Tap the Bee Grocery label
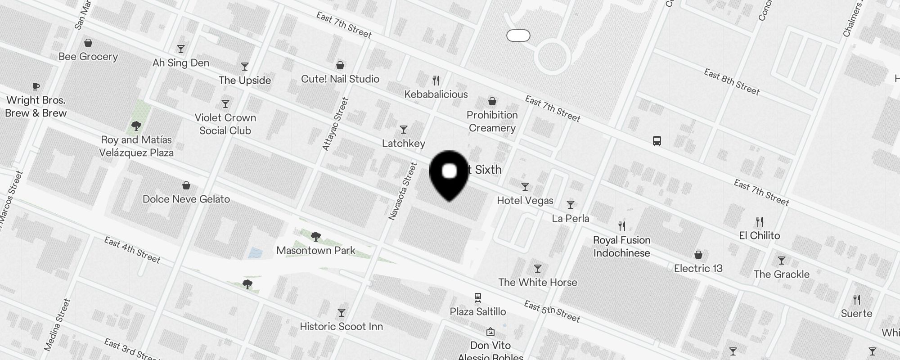88,57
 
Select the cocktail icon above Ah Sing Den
181,49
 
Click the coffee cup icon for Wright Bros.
36,86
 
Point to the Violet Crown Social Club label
225,124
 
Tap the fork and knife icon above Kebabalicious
436,81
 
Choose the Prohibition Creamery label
492,121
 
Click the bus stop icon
657,141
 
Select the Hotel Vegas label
525,200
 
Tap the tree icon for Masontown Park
316,236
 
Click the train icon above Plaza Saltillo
478,297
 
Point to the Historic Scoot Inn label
341,326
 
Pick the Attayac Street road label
335,124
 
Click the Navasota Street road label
403,191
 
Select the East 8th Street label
731,82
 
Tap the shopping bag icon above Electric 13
698,255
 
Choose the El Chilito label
759,235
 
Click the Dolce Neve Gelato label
186,199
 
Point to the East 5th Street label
552,311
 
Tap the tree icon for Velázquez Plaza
136,126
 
